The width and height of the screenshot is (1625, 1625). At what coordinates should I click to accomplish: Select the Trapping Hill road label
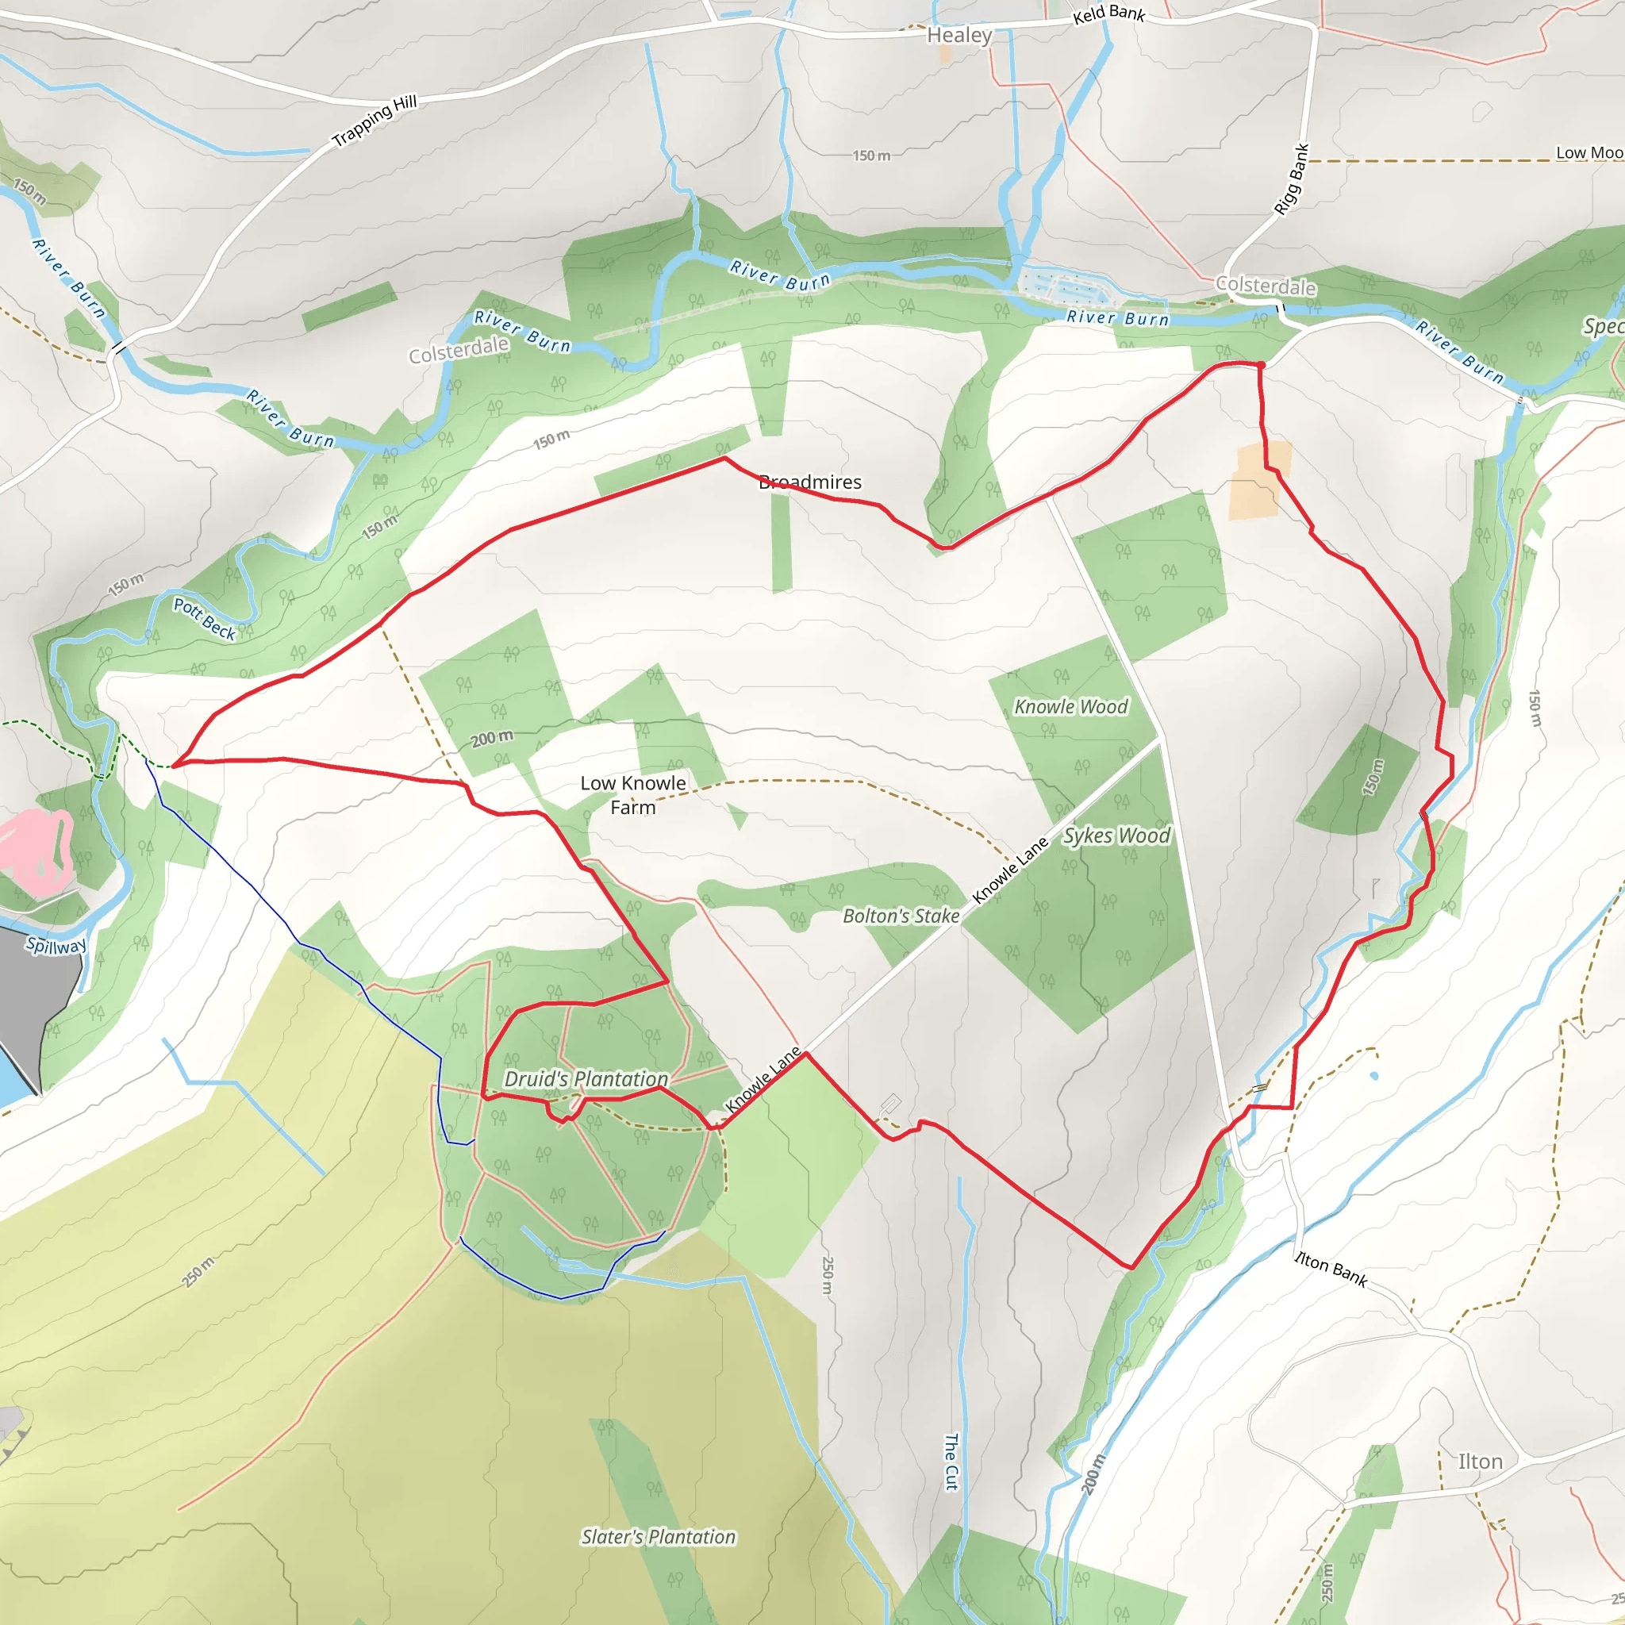pos(375,121)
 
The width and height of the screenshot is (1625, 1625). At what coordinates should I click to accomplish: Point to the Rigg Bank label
pos(1291,179)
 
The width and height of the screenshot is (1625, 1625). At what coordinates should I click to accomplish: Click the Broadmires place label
pos(810,482)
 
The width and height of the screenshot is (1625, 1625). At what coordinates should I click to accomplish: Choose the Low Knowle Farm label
pos(632,795)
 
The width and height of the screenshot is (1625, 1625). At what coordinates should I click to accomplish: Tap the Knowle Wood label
pos(1070,706)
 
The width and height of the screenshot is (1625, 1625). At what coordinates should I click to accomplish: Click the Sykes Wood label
pos(1116,836)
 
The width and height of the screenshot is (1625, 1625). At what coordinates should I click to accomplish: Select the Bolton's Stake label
pos(901,916)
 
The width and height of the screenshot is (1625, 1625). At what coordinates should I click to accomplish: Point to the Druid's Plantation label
pos(586,1078)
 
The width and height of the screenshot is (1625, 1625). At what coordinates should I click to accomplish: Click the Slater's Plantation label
pos(659,1537)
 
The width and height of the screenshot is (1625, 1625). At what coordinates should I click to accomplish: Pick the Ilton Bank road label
pos(1331,1269)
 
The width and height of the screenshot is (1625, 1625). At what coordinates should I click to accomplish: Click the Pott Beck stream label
pos(205,618)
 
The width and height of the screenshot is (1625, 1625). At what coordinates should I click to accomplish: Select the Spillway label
pos(56,945)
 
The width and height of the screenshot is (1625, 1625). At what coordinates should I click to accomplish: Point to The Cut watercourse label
pos(951,1462)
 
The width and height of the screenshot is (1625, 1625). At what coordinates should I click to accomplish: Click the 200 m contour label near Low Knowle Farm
pos(491,738)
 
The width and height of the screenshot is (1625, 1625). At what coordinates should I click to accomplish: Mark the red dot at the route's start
pos(1261,365)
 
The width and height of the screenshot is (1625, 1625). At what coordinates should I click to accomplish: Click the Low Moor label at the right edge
pos(1588,153)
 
